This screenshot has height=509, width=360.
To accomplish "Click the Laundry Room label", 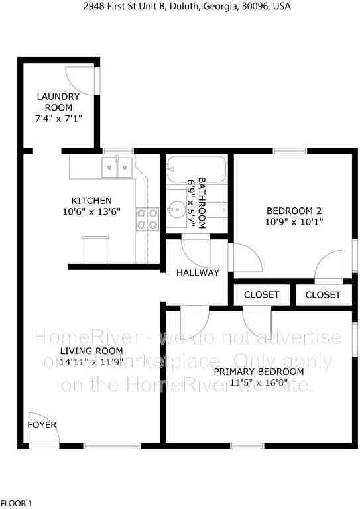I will (x=58, y=102).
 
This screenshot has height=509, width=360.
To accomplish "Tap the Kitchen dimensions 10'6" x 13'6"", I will (x=91, y=213).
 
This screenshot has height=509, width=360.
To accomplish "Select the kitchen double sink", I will (x=117, y=167).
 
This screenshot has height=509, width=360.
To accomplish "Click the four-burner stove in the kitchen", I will (x=148, y=219).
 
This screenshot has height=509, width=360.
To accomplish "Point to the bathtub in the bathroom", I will (x=196, y=169).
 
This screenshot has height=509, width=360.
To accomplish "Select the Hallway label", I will (x=198, y=272).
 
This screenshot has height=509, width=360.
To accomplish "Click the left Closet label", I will (x=262, y=294).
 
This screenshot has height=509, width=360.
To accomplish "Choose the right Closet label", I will (x=324, y=294).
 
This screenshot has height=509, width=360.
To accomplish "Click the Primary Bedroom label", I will (x=259, y=372).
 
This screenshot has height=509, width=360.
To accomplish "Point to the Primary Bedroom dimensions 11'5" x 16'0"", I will (x=259, y=383).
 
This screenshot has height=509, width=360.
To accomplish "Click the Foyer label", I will (x=42, y=425).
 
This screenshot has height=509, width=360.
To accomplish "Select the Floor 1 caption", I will (x=17, y=504).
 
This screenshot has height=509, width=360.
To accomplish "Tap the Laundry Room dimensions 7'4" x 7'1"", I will (x=58, y=119).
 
